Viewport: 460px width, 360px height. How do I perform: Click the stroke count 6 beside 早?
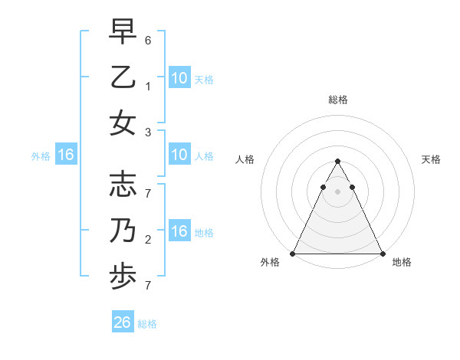(x=148, y=38)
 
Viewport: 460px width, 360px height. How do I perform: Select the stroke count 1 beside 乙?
(x=148, y=87)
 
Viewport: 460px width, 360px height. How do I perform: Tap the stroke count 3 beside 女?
(x=148, y=132)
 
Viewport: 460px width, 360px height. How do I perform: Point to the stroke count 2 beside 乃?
(x=148, y=240)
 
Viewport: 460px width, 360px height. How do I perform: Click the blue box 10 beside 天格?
(x=179, y=78)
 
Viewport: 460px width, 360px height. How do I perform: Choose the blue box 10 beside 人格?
(x=179, y=155)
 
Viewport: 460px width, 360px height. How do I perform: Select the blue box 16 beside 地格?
(x=179, y=232)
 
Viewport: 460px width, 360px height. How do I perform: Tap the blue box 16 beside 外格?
(x=65, y=155)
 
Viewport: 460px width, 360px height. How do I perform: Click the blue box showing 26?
(x=123, y=322)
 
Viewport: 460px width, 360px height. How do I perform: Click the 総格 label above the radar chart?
(x=337, y=100)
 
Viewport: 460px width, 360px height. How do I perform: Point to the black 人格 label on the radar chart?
(x=245, y=159)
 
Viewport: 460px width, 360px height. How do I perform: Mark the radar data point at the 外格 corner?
(x=293, y=254)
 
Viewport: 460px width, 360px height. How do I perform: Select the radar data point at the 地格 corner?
(x=382, y=254)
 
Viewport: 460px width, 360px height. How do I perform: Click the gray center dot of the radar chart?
(x=337, y=191)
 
